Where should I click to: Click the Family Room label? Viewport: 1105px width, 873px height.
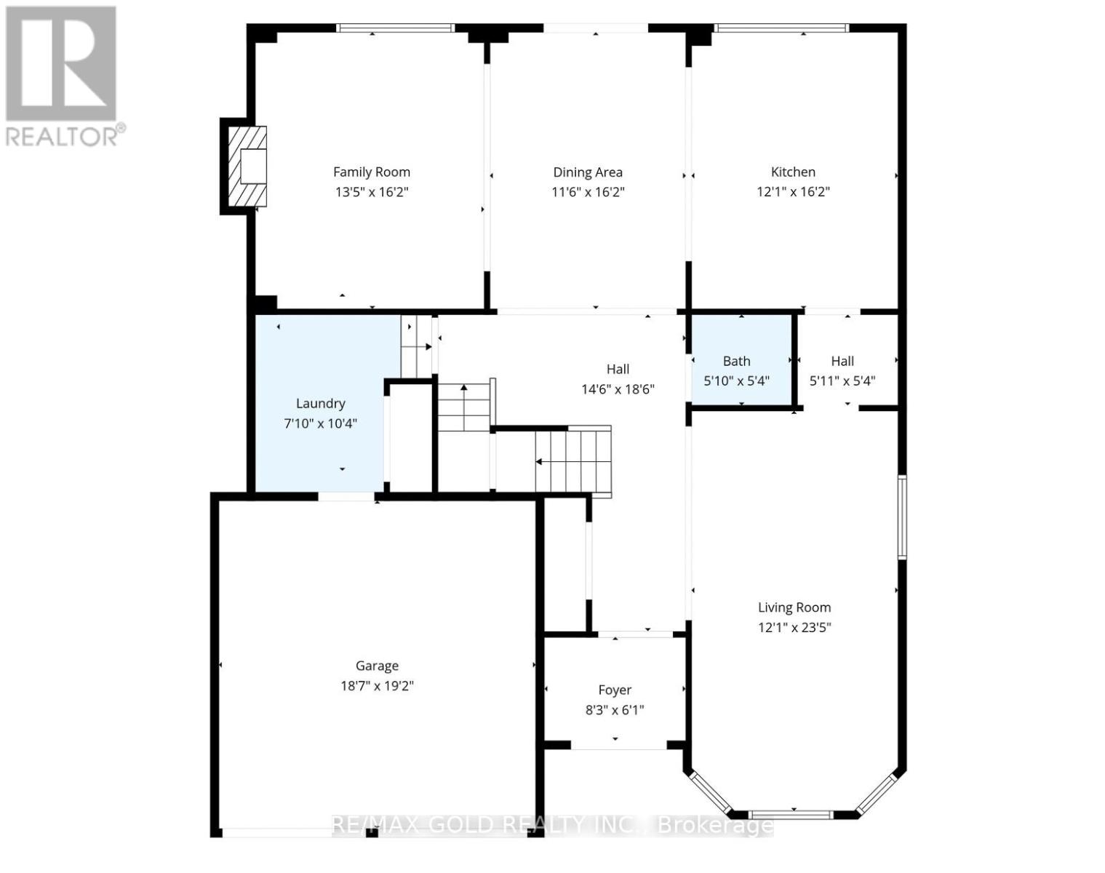[x=371, y=172]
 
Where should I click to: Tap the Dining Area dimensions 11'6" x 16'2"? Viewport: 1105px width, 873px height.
[x=588, y=192]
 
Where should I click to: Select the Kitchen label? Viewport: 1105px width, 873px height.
[x=793, y=172]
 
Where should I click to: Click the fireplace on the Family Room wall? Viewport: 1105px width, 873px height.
[x=245, y=167]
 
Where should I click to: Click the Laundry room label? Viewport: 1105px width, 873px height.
[x=320, y=404]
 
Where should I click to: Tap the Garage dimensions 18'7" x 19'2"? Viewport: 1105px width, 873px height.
[x=377, y=686]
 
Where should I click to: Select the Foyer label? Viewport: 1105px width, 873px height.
[x=615, y=690]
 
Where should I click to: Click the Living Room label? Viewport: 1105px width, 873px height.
[x=794, y=607]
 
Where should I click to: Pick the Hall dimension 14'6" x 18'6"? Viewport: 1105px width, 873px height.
[x=618, y=389]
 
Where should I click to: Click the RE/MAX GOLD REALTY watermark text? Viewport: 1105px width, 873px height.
[x=551, y=826]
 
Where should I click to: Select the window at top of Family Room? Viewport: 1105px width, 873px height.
[x=395, y=28]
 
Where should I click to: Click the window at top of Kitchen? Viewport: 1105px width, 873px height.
[x=781, y=28]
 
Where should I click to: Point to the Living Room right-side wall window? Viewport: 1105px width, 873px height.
[x=902, y=517]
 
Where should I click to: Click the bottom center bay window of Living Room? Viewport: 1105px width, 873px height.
[x=792, y=814]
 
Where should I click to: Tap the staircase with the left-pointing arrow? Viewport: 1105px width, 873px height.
[x=573, y=461]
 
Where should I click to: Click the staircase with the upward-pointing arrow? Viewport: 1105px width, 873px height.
[x=464, y=407]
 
